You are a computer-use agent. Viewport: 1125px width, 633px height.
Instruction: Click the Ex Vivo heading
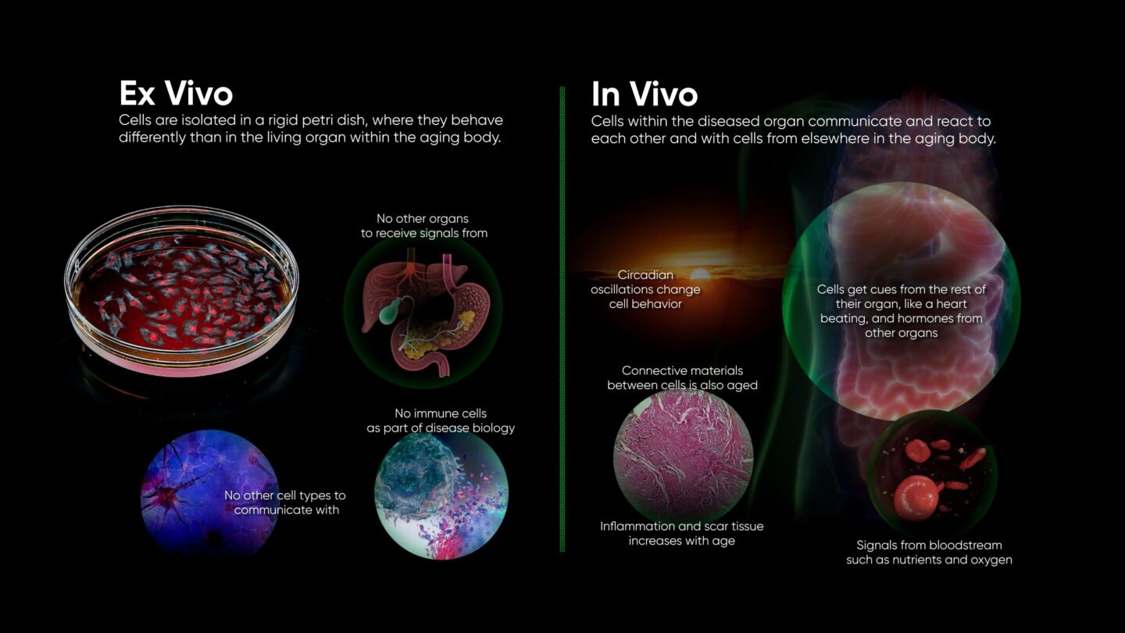[x=176, y=93]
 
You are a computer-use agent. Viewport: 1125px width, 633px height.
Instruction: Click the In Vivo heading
[x=645, y=94]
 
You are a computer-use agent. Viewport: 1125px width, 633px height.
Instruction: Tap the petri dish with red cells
[x=181, y=291]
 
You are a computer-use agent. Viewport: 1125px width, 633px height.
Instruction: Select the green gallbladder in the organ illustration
[x=388, y=313]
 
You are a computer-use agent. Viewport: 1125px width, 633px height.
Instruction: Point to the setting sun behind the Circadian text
[x=700, y=274]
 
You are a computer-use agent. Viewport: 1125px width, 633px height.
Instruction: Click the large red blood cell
[x=916, y=495]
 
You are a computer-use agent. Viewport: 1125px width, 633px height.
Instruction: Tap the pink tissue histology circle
[x=683, y=457]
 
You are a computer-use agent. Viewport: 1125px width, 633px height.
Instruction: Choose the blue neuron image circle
[x=210, y=492]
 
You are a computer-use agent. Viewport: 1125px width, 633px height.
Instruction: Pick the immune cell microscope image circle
[x=441, y=495]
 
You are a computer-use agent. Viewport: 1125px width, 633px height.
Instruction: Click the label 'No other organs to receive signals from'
[x=424, y=226]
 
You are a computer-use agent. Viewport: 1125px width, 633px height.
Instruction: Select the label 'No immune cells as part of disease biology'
[x=441, y=420]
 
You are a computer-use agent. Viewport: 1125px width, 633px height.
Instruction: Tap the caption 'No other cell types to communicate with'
[x=284, y=502]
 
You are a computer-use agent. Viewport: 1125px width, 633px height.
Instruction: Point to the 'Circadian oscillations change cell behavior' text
[x=645, y=289]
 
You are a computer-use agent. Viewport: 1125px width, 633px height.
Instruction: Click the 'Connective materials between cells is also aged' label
[x=682, y=377]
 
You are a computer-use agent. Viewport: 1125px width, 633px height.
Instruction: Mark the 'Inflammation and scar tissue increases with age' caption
[x=681, y=534]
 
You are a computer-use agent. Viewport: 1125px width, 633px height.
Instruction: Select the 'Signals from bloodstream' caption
[x=929, y=545]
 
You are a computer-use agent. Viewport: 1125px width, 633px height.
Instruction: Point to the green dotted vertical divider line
[x=562, y=320]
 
